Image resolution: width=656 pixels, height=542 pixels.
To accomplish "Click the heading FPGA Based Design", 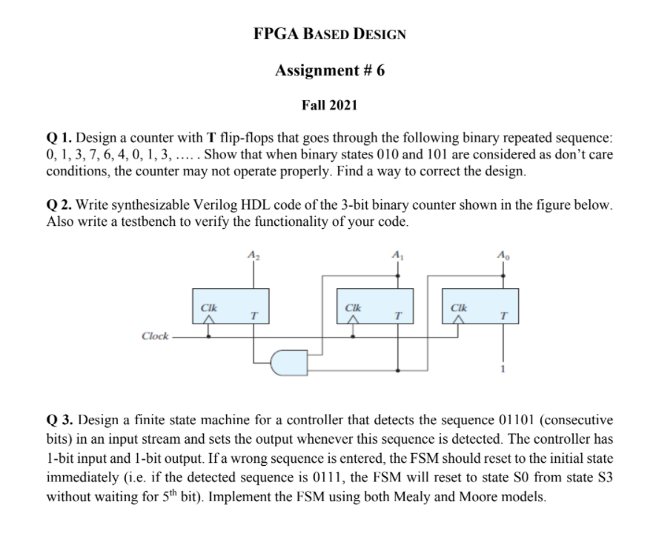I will click(x=329, y=34).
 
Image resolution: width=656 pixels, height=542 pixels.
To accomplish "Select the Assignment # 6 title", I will click(x=329, y=70).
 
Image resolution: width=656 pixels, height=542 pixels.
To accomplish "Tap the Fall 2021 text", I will click(x=329, y=105).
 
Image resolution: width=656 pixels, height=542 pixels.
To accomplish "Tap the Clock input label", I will click(x=154, y=336).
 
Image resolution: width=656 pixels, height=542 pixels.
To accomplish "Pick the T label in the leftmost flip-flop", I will click(x=254, y=315).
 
